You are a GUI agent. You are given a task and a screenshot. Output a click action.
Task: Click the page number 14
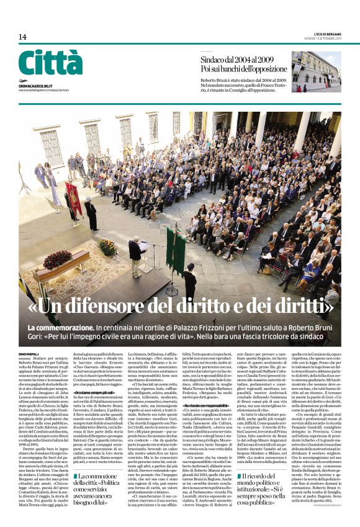click(x=22, y=37)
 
